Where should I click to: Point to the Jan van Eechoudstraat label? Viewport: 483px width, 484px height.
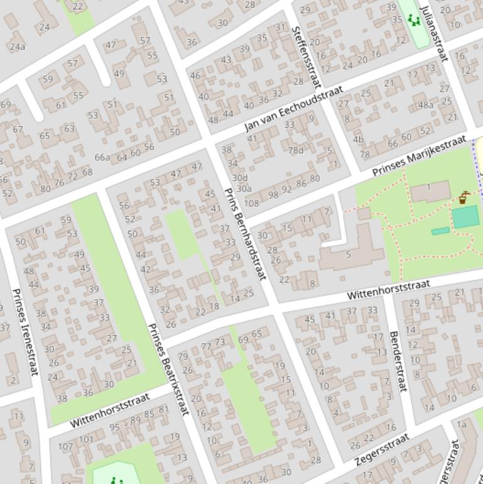(293, 109)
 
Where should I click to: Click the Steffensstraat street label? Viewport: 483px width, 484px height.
(307, 57)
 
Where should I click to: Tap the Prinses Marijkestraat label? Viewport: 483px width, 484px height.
(419, 155)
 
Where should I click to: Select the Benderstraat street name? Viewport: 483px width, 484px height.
(399, 361)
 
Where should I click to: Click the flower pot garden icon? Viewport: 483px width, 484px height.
(464, 198)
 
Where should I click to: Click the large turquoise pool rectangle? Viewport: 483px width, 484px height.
(465, 217)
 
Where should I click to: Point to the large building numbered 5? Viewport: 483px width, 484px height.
(349, 255)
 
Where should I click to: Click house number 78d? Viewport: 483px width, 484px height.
(295, 150)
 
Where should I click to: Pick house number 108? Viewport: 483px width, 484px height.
(251, 203)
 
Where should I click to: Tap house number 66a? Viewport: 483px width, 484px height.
(102, 157)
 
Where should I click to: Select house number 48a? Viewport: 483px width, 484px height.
(425, 105)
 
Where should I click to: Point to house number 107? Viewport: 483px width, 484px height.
(65, 447)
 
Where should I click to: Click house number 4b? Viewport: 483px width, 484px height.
(358, 140)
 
